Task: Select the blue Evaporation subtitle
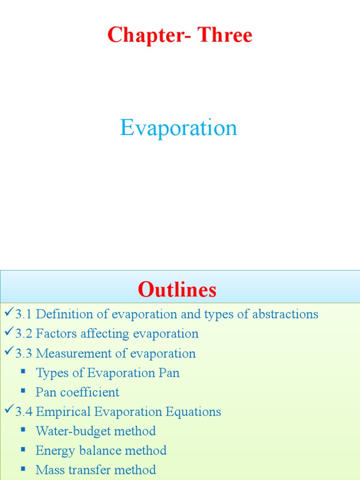(179, 128)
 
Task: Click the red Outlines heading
(177, 290)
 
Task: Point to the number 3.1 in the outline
(23, 314)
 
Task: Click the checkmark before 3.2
(8, 333)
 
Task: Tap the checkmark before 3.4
(8, 411)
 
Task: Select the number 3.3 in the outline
(23, 353)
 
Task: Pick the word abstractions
(285, 314)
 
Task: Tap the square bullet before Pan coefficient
(23, 391)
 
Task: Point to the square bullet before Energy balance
(23, 450)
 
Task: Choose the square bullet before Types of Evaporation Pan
(23, 372)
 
